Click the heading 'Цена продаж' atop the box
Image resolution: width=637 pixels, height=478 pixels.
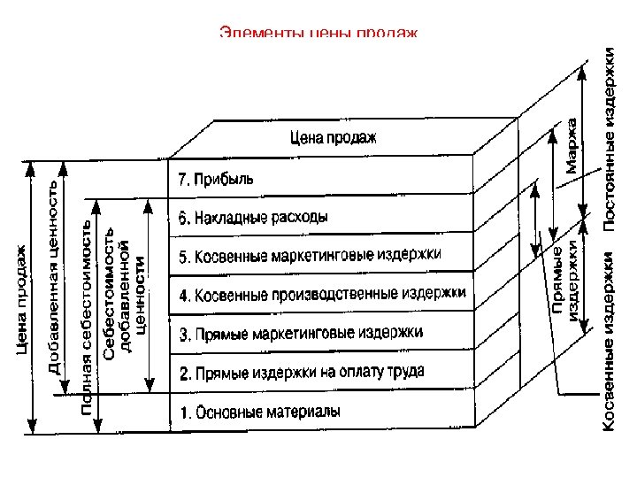coord(333,137)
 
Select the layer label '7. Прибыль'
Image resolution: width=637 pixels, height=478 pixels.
coord(216,179)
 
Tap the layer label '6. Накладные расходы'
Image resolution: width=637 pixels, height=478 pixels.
coord(252,217)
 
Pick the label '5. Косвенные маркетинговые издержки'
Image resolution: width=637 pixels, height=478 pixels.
coord(309,256)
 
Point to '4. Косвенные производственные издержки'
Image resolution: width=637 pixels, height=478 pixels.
coord(322,293)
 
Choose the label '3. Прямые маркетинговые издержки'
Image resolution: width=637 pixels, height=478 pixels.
coord(301,334)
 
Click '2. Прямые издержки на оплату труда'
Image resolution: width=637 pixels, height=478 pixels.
coord(301,372)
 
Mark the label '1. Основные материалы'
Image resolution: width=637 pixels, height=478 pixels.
coord(259,412)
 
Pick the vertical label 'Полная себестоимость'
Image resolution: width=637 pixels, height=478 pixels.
coord(88,319)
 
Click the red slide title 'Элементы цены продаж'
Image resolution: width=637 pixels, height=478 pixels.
coord(318,34)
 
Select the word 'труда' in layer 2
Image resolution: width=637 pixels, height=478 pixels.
coord(405,372)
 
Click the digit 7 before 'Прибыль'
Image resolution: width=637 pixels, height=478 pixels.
coord(181,180)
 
